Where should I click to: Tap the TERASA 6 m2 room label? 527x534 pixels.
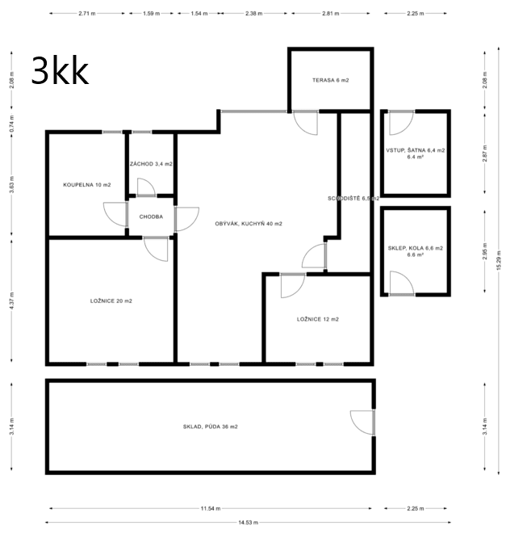[331, 80]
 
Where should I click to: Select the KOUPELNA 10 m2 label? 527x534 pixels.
[86, 185]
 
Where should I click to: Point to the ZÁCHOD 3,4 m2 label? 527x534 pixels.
[151, 164]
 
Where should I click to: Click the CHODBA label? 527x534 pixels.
[151, 217]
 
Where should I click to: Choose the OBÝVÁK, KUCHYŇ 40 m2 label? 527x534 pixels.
[248, 224]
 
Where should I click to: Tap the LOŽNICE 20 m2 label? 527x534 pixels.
[111, 301]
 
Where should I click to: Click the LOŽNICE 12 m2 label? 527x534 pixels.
[317, 319]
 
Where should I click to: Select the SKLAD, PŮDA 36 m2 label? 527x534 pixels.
[210, 426]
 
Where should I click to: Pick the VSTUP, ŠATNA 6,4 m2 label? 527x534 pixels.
[416, 151]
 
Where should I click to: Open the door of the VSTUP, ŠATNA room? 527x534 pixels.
[399, 122]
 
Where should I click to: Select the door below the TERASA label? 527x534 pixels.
[306, 123]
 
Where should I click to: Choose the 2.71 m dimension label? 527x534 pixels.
[87, 14]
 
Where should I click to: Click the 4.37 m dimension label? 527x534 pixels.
[12, 301]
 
